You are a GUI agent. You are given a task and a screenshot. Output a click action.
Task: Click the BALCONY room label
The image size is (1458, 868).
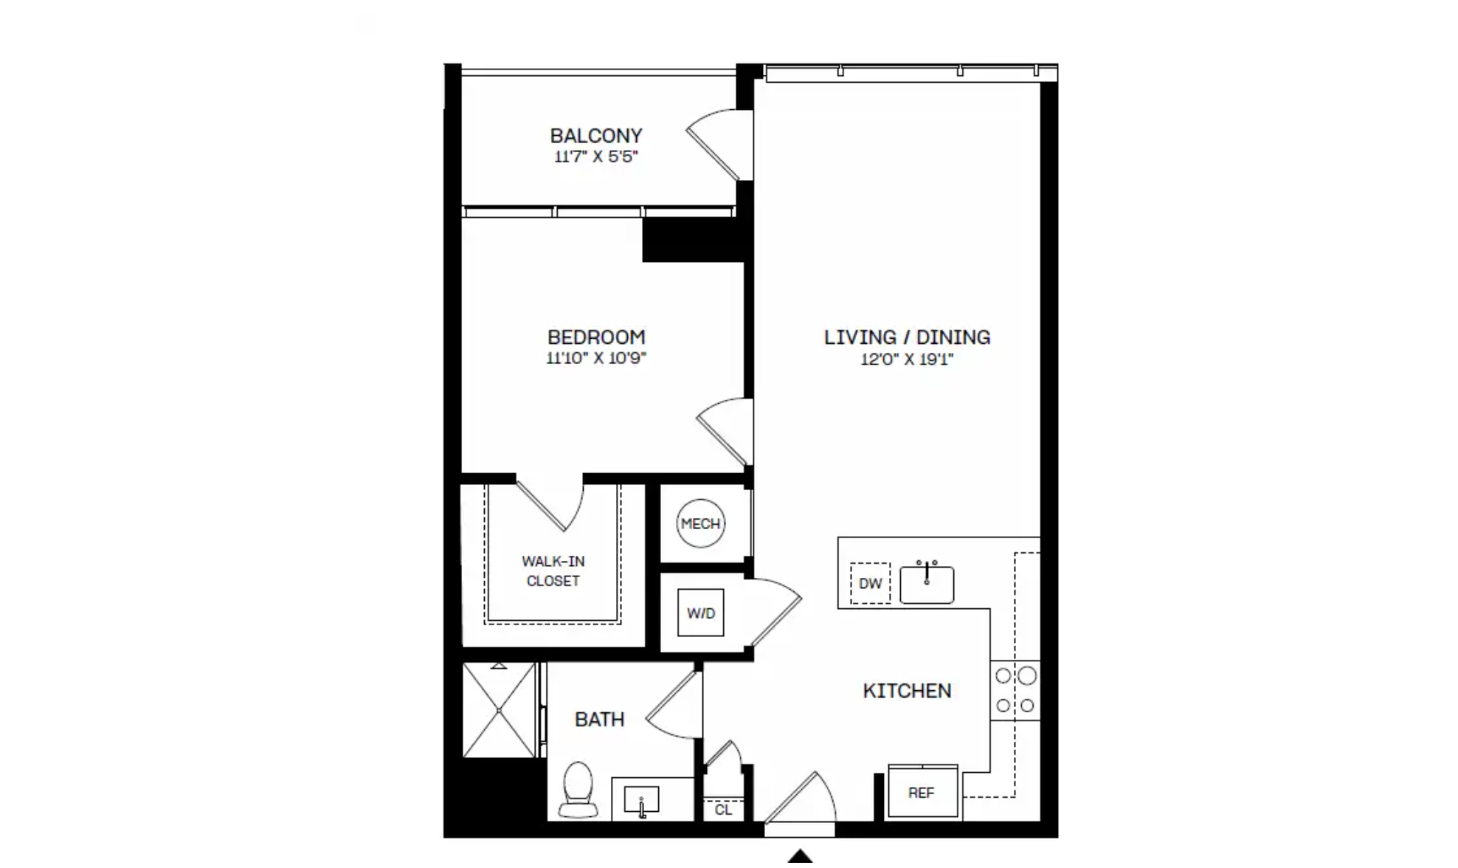click(x=596, y=136)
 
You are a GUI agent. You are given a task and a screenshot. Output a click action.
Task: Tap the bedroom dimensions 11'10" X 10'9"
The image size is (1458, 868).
click(x=596, y=359)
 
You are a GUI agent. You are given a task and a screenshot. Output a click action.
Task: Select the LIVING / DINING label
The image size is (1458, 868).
click(x=907, y=337)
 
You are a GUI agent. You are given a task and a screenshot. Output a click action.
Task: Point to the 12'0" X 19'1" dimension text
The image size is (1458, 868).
click(x=907, y=359)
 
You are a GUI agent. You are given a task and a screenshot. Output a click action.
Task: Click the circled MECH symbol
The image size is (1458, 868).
click(x=700, y=523)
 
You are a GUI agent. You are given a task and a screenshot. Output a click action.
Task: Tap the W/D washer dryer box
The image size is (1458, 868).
click(x=700, y=613)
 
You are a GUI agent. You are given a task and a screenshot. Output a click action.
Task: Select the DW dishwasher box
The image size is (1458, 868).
click(x=870, y=583)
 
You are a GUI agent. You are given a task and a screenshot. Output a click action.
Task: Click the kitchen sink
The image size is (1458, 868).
click(x=927, y=583)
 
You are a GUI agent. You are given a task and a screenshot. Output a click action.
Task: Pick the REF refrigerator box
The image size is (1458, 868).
click(x=922, y=792)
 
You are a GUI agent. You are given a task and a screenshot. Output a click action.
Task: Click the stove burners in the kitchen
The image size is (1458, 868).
click(x=1015, y=691)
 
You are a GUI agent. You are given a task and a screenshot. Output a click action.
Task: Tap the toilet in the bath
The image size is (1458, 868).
click(x=578, y=790)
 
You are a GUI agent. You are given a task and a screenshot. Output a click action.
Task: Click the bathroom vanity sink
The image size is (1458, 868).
click(x=641, y=800)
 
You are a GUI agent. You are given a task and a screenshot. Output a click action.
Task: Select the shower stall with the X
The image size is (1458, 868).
click(x=499, y=710)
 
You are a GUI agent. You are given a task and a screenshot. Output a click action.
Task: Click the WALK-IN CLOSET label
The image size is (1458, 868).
click(x=553, y=571)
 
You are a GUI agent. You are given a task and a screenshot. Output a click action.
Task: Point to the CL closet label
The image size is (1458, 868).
click(x=723, y=810)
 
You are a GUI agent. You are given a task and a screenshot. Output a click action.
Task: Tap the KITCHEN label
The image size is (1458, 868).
click(x=907, y=691)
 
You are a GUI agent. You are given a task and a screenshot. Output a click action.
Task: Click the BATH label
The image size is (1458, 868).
click(x=599, y=719)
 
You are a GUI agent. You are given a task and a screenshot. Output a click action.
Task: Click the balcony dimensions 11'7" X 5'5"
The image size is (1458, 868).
click(x=596, y=156)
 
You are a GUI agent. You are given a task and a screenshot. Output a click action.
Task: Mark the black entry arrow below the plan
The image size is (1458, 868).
click(x=800, y=858)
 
